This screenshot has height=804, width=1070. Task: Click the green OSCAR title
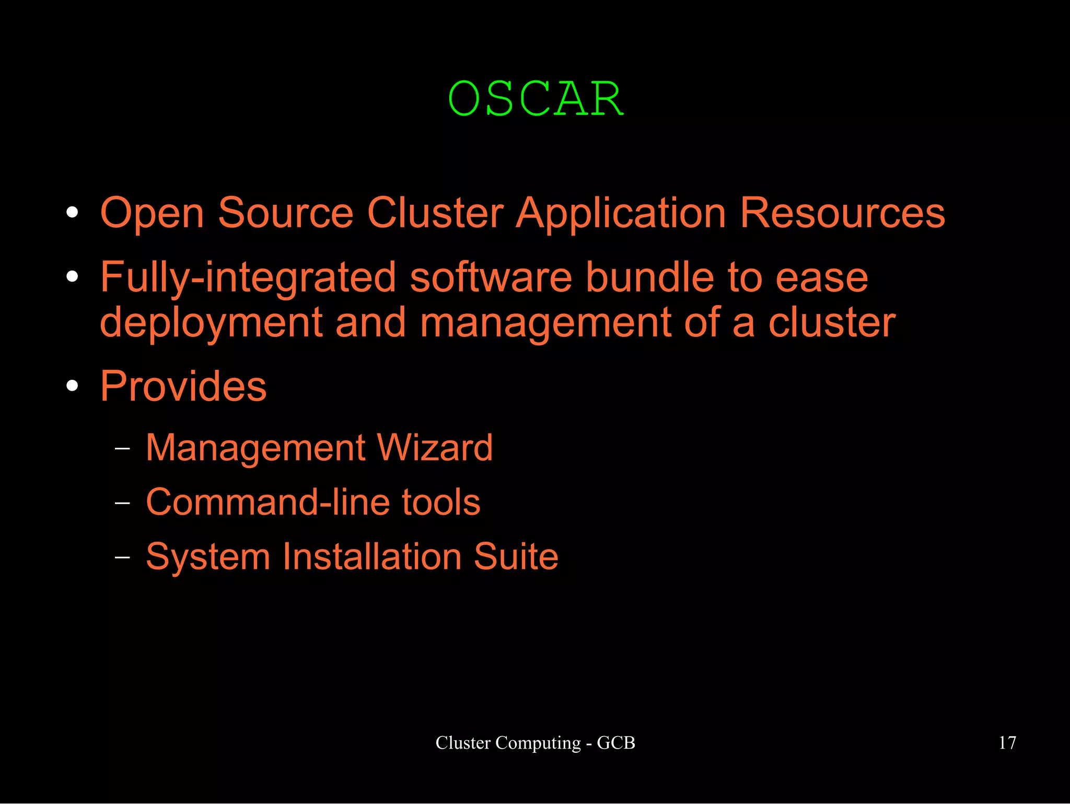(536, 99)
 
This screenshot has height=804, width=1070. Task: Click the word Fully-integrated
(248, 278)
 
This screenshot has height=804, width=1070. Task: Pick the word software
(491, 278)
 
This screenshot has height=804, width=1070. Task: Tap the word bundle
(649, 278)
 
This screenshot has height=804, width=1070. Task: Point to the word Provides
(183, 387)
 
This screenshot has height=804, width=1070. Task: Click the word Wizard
(434, 448)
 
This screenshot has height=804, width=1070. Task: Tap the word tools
(440, 503)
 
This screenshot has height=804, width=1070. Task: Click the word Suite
(516, 557)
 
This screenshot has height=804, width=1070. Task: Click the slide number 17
(1007, 743)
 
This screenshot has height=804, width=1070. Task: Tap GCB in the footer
(616, 743)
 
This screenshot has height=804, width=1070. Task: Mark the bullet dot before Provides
(73, 387)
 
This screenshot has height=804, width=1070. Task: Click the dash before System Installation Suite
(122, 557)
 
